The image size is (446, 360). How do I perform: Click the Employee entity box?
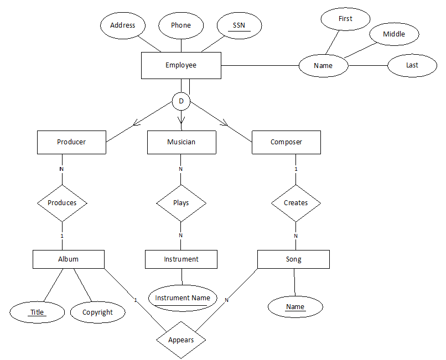coord(181,65)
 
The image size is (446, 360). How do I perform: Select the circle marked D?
coord(181,102)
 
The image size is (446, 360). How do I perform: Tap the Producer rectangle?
coord(71,142)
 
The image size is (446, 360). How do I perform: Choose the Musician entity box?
coord(181,142)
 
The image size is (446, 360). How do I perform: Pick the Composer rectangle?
coord(286,142)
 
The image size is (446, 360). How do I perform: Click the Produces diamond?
coord(62,203)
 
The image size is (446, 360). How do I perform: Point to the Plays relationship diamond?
coord(181,203)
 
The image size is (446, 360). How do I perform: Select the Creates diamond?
coord(295,203)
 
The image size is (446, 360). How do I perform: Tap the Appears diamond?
coord(181,340)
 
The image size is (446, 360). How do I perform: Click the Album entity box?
coord(69,259)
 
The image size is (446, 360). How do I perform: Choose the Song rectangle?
coord(293,259)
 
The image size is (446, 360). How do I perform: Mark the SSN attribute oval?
coord(239,25)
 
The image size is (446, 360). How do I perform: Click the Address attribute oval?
coord(123,25)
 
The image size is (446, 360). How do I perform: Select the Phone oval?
coord(181,25)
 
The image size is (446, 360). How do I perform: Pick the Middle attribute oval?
coord(394,34)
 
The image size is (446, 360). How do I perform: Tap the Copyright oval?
coord(97,312)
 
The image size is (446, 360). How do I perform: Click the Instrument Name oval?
coord(183,298)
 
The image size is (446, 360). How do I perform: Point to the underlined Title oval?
coord(37,312)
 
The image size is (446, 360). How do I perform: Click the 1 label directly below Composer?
coord(295,169)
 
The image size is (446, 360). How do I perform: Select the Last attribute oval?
coord(412,65)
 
